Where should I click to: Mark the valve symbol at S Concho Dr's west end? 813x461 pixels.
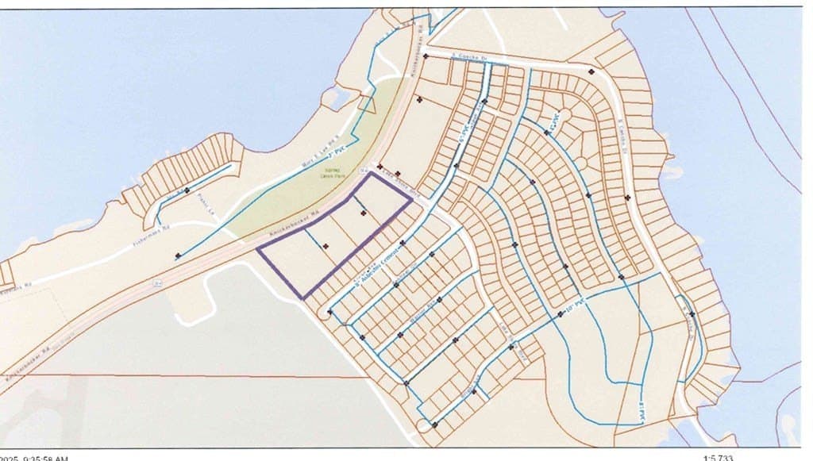tap(426, 56)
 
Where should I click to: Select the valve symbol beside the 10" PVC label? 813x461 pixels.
tap(561, 315)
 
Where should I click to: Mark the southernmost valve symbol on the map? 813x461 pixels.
tap(434, 425)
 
